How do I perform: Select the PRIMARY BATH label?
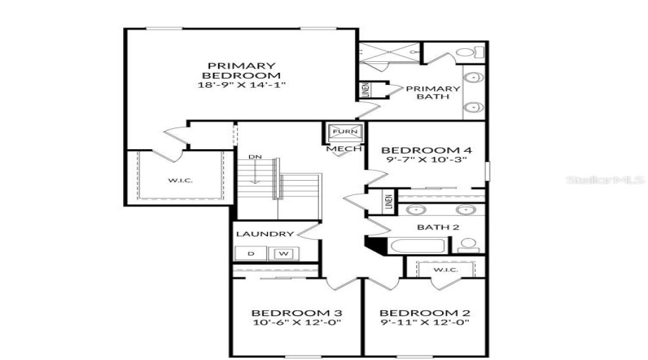pos(433,94)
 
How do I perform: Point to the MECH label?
pos(339,150)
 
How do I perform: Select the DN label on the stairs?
pos(255,157)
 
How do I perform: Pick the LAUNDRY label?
pos(265,234)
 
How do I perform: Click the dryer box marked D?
pos(251,253)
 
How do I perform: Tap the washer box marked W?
pos(283,253)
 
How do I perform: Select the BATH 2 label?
pos(438,228)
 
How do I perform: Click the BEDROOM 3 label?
pos(296,313)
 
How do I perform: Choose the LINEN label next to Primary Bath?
pos(366,90)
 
